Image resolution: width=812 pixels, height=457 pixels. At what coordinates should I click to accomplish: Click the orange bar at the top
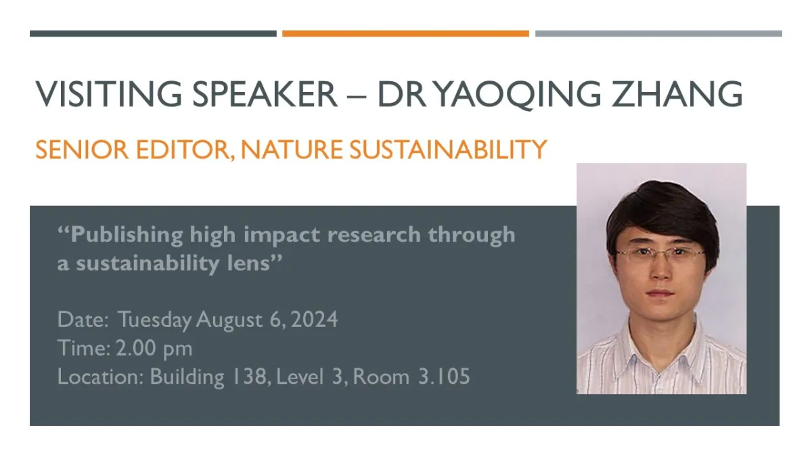[405, 33]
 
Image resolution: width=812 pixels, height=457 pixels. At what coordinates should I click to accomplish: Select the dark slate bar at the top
[153, 33]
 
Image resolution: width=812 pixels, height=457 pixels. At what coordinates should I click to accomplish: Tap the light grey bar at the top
[658, 33]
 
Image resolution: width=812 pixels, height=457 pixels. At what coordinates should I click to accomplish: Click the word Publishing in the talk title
[127, 236]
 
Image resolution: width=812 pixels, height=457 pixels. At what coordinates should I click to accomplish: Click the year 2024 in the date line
[313, 319]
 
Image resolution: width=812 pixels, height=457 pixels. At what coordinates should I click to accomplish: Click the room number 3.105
[444, 376]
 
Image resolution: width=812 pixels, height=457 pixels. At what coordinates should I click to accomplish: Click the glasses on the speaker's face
[660, 255]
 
